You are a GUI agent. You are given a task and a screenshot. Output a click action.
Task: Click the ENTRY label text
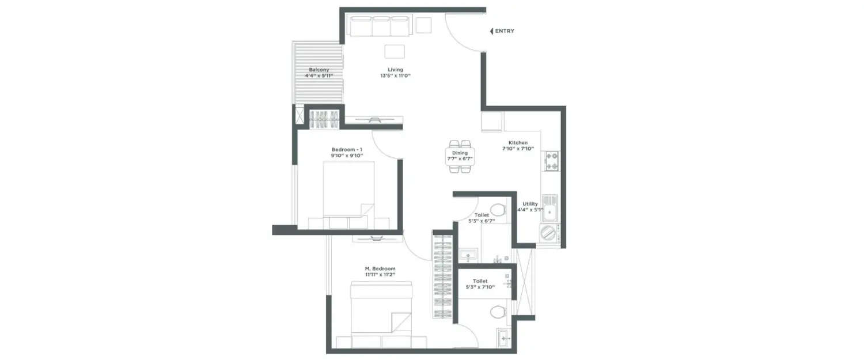pos(505,31)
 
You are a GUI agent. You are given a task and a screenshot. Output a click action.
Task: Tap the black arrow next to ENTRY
pos(491,31)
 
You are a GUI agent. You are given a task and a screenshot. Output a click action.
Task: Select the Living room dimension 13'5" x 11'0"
pos(395,76)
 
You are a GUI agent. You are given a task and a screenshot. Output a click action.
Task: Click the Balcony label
pos(319,70)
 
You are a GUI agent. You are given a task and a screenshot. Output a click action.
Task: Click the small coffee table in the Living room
pos(395,51)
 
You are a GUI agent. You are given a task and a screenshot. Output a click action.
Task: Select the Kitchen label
pos(517,143)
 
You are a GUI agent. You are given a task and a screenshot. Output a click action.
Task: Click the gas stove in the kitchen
pos(552,161)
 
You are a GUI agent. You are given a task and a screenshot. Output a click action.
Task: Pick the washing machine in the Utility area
pos(549,234)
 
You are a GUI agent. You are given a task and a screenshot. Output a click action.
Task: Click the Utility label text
pos(530,204)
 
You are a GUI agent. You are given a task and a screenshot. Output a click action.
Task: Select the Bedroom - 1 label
pos(347,149)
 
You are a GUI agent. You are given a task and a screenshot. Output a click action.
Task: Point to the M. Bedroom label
pos(380,269)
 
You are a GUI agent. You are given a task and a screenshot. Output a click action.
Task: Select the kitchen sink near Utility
pos(550,208)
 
